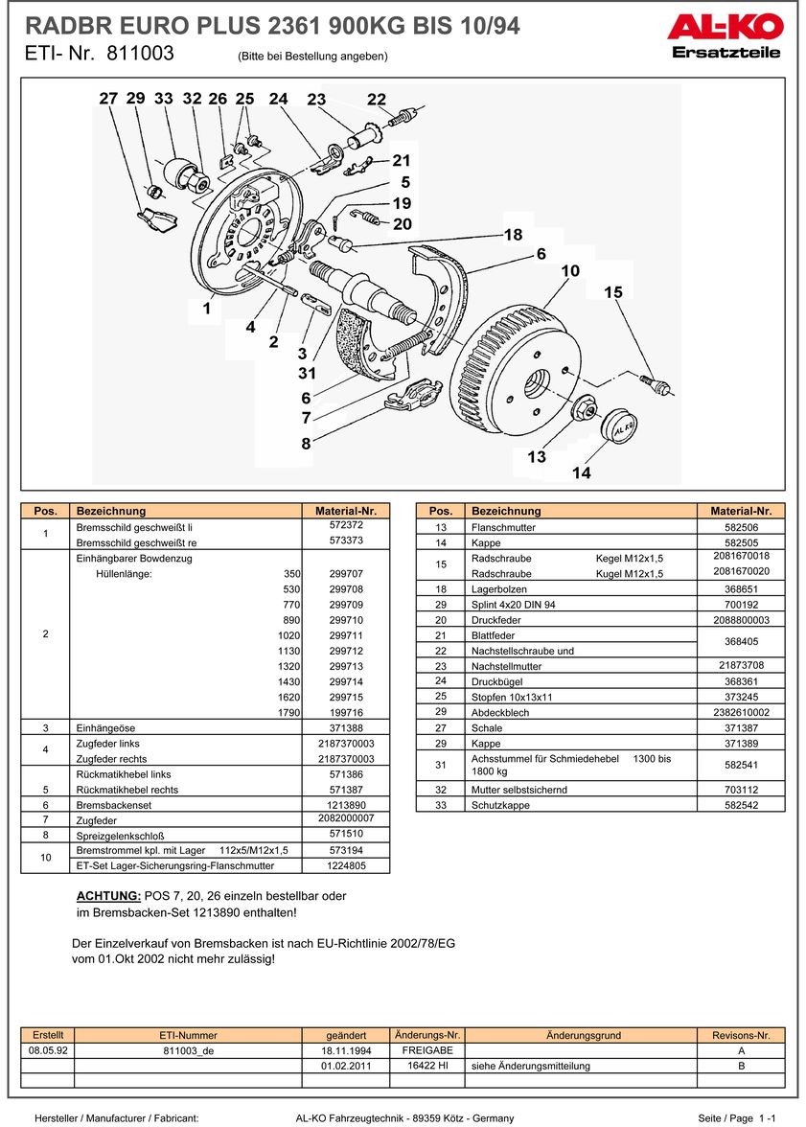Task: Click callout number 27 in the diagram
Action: point(108,99)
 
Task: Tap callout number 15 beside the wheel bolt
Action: point(613,292)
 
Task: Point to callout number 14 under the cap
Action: point(582,472)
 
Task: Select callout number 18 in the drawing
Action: point(514,235)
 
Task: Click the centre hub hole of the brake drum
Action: point(537,382)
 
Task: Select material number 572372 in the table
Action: point(345,525)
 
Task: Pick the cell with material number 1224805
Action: point(345,865)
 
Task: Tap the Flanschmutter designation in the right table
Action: point(503,528)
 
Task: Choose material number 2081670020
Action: point(741,571)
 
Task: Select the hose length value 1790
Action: point(288,713)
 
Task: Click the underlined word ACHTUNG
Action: point(108,896)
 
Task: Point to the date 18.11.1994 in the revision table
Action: point(346,1051)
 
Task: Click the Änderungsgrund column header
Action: point(583,1035)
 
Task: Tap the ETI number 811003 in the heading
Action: point(140,55)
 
